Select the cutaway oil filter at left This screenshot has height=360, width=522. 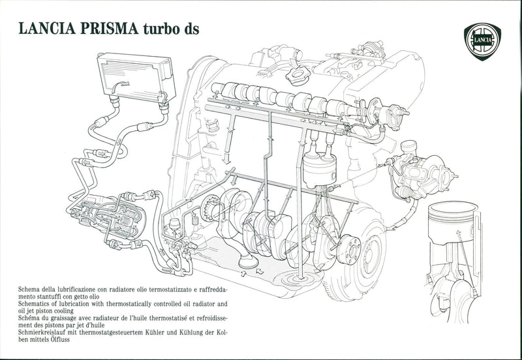click(x=114, y=219)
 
